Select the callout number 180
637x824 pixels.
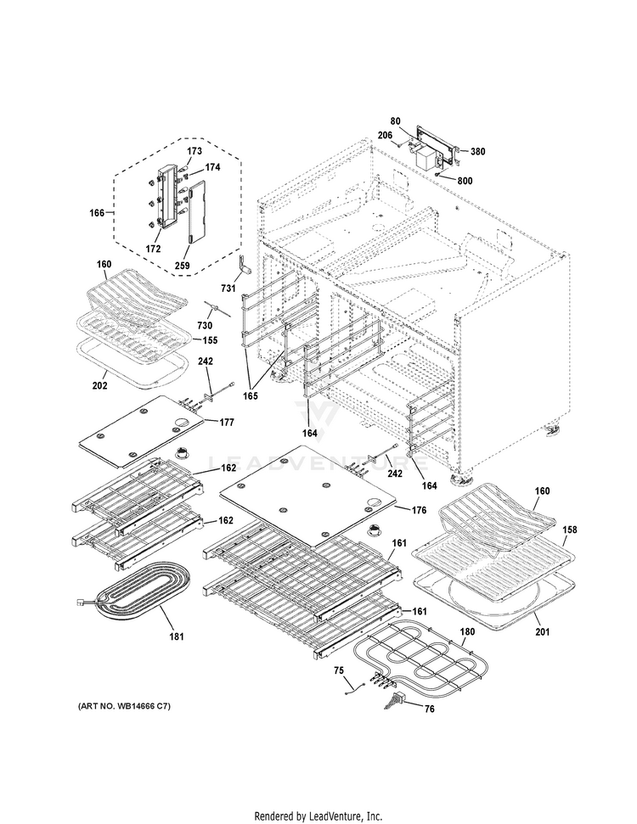click(467, 631)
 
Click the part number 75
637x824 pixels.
click(338, 672)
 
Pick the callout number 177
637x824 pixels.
click(228, 422)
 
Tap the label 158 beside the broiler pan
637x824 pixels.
click(569, 530)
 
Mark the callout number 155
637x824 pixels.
click(209, 340)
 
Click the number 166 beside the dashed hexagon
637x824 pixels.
click(96, 213)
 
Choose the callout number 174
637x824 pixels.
click(211, 168)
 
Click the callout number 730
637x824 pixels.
click(205, 326)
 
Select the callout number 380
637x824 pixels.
click(477, 152)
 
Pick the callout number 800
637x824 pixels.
click(465, 180)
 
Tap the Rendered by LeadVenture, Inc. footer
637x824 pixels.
click(318, 816)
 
